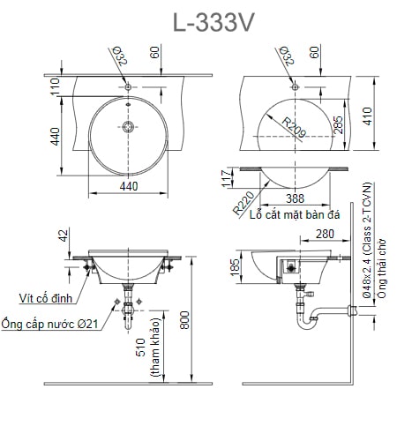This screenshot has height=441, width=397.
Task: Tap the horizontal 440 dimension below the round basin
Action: click(x=129, y=186)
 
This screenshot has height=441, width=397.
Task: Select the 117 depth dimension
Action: click(x=224, y=180)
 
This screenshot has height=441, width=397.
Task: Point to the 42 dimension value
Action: click(x=61, y=236)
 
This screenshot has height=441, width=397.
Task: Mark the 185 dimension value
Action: click(x=235, y=268)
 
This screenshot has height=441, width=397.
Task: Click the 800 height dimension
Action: click(x=184, y=317)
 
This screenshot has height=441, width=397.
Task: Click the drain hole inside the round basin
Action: click(x=129, y=128)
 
